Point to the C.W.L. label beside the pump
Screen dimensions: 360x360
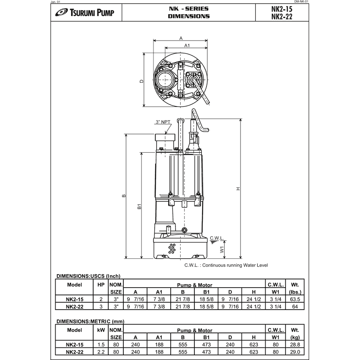coord(216,238)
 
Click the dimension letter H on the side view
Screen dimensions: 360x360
coord(238,189)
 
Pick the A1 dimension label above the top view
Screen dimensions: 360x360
coord(187,45)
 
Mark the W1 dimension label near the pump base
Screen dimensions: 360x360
coord(221,249)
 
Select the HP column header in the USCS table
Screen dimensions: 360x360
coord(101,285)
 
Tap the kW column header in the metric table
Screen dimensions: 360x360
coord(101,330)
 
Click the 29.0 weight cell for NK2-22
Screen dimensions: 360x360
coord(295,351)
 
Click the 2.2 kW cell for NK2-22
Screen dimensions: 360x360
coord(101,351)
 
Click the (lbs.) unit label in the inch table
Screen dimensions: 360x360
coord(295,292)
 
